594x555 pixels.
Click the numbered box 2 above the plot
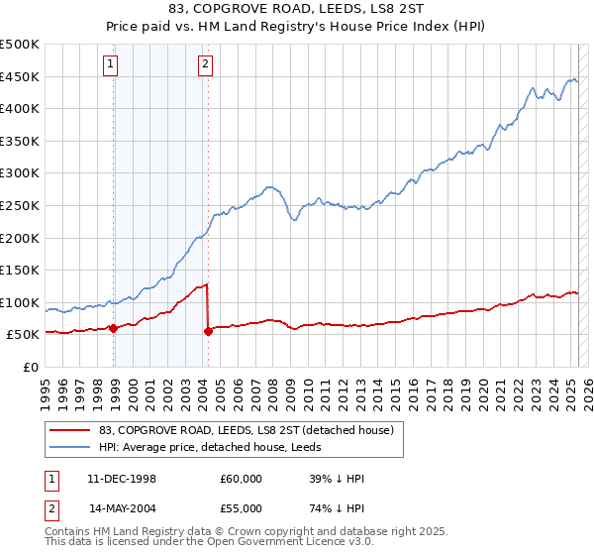coord(205,66)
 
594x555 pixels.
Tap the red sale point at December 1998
coord(114,328)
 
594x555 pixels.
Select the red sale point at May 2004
coord(208,331)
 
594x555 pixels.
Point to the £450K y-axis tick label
coord(20,77)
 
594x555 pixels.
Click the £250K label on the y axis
coord(20,206)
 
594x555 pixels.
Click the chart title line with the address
coord(296,11)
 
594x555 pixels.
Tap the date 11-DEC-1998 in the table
coord(122,479)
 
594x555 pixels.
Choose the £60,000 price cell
coord(241,479)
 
